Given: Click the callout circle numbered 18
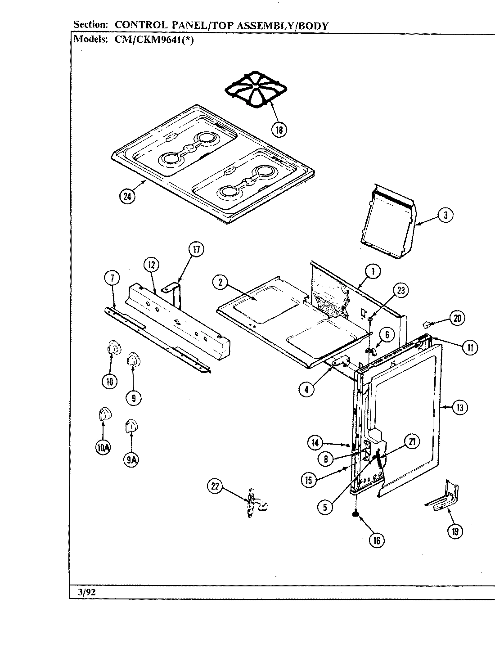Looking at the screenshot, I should pos(279,130).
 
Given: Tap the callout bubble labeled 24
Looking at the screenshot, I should pos(128,197).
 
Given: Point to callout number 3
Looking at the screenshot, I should pos(445,215).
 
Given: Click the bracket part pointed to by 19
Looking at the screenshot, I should pos(443,497).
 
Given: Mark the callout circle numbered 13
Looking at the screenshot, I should pos(459,408).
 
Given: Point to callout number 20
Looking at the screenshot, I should pos(457,319).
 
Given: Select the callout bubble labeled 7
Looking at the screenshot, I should pos(112,279).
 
